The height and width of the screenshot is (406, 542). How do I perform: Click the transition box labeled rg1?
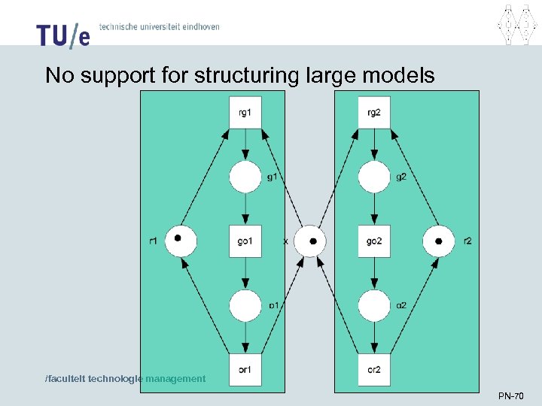(245, 113)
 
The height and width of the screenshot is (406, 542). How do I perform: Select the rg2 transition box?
(374, 113)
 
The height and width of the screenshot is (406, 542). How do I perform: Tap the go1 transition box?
(245, 241)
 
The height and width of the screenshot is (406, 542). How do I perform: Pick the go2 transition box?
(374, 241)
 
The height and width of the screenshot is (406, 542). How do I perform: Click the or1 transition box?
(245, 369)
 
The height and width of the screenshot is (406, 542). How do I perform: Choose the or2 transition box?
(374, 369)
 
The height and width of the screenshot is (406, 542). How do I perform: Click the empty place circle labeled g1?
(245, 177)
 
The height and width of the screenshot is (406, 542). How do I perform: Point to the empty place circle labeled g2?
(374, 177)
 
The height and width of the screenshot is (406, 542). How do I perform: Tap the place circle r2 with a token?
(439, 241)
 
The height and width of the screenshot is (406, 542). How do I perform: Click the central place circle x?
(309, 241)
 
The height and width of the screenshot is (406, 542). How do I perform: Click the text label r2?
(468, 241)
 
